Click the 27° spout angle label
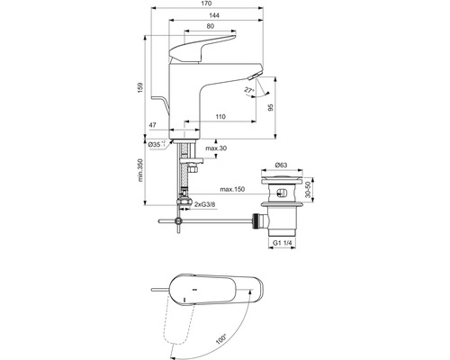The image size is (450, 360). click(248, 91)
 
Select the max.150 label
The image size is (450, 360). click(233, 189)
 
